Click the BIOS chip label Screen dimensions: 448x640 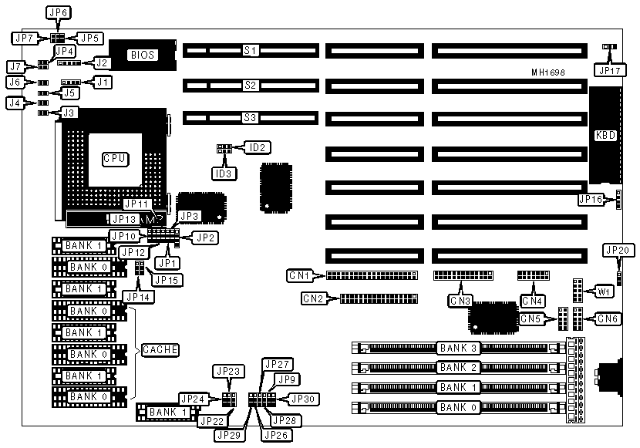143,55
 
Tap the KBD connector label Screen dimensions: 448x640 606,135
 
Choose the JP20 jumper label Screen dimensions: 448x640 618,250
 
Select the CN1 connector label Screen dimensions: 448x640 312,275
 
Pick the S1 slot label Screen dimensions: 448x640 250,51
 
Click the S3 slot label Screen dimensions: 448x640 250,118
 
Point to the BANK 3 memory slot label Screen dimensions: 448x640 457,348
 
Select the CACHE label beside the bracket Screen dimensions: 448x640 160,350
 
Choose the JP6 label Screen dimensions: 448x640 59,13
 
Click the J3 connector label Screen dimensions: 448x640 69,113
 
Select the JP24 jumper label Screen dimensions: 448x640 193,399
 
